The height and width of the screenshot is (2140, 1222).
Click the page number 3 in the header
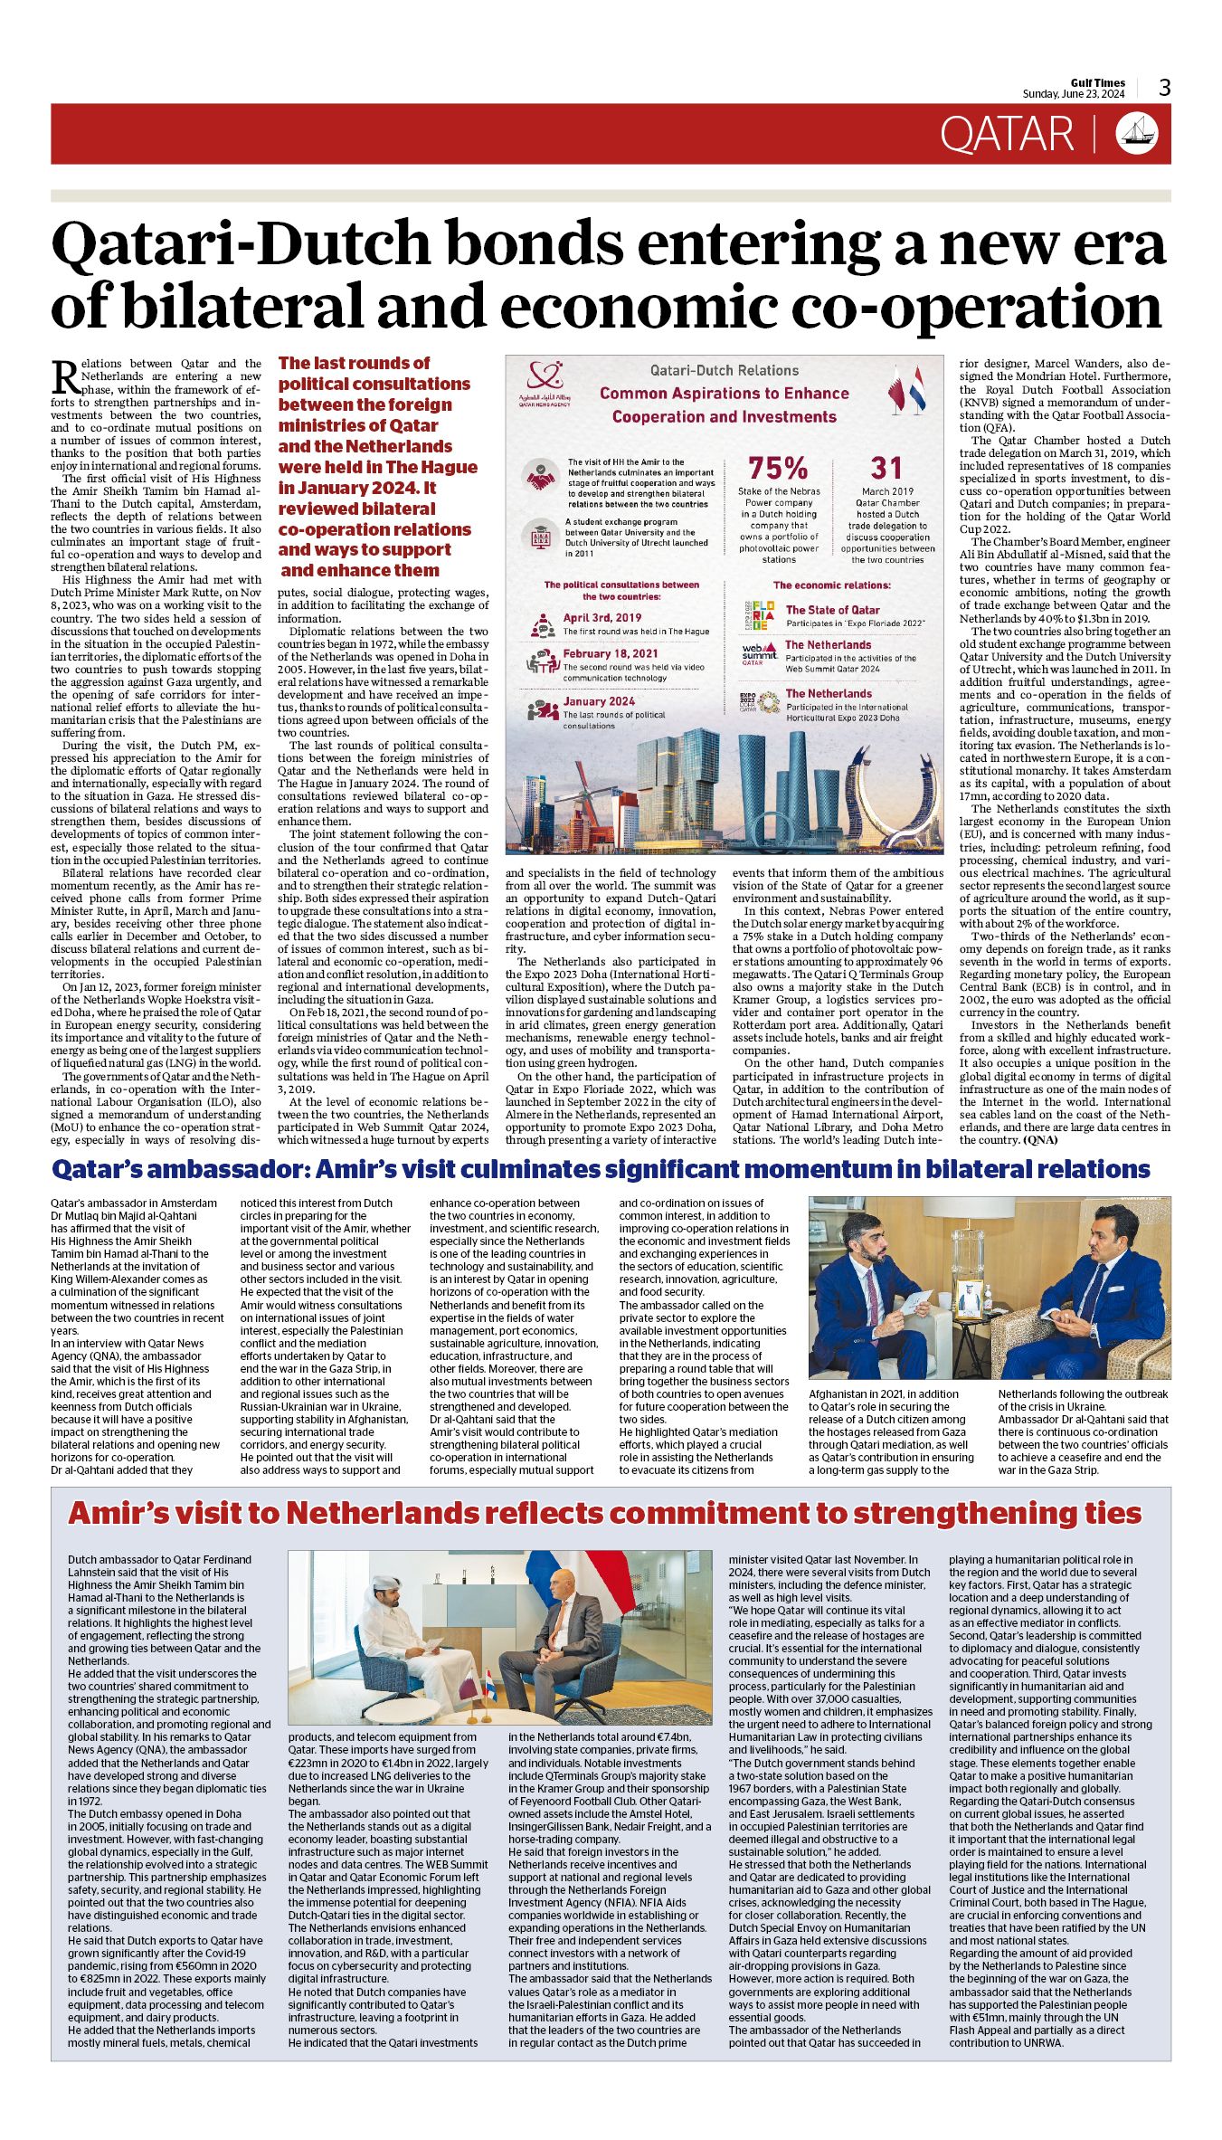1165,87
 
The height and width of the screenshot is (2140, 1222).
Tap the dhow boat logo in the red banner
1137,133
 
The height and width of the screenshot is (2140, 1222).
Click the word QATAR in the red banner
1006,134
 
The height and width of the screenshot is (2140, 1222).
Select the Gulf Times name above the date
1097,82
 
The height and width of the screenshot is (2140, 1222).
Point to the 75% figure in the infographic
778,468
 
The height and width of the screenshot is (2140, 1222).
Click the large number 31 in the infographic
886,468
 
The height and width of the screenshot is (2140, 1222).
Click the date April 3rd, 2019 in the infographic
602,618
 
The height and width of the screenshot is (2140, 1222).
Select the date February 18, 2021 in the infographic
611,653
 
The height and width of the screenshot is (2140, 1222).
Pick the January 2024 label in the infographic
599,701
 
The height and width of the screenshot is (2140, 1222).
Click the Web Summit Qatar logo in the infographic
759,652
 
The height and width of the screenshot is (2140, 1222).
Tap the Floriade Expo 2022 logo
758,614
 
